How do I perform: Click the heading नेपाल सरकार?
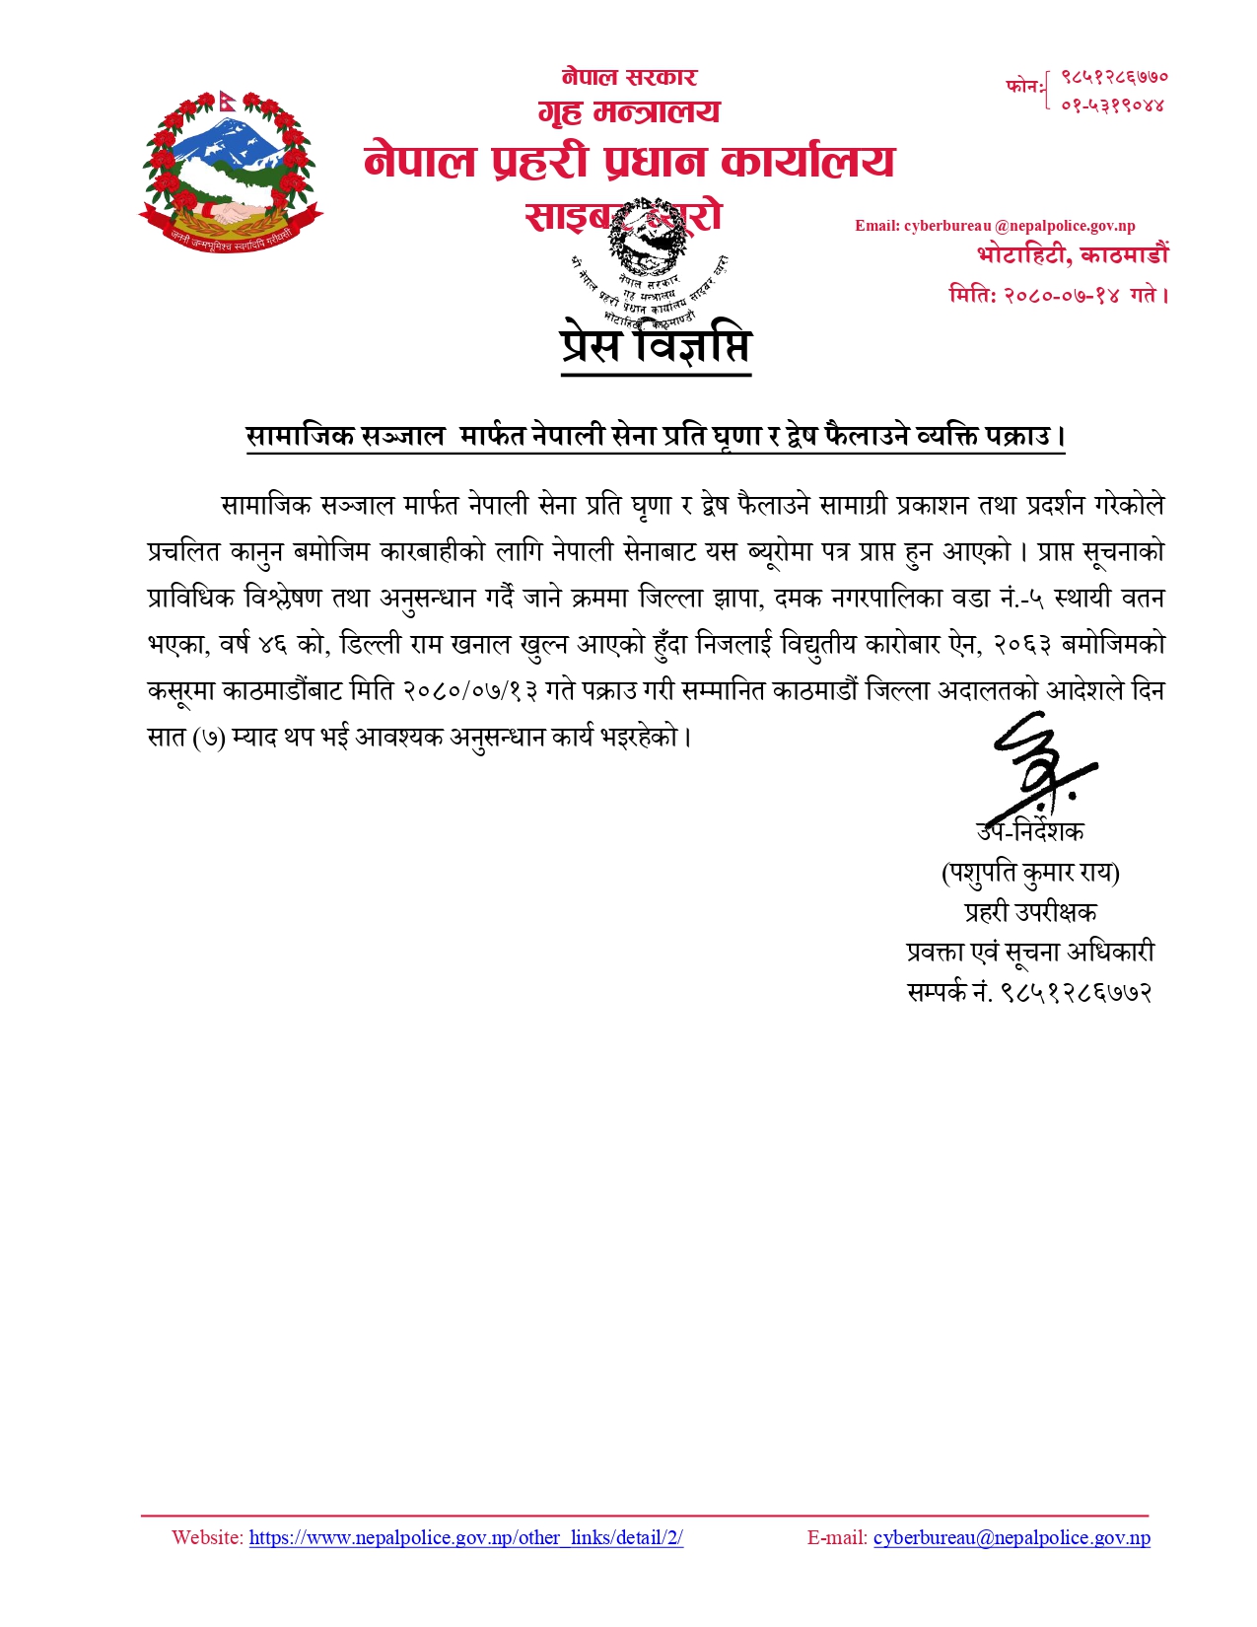[629, 77]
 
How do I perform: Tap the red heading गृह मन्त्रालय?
[629, 112]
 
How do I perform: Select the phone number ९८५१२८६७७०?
[1114, 76]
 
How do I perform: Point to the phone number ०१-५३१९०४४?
[1113, 105]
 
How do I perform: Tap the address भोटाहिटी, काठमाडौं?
[1073, 255]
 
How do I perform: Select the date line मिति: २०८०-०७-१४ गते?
[1058, 294]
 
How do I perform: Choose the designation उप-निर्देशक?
[1030, 831]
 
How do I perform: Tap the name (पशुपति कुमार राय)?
[1030, 873]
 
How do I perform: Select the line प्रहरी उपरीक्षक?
[1030, 912]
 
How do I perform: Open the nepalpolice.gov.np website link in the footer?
[465, 1537]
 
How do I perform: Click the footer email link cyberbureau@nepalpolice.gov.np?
[1012, 1537]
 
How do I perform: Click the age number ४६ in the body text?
[271, 645]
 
